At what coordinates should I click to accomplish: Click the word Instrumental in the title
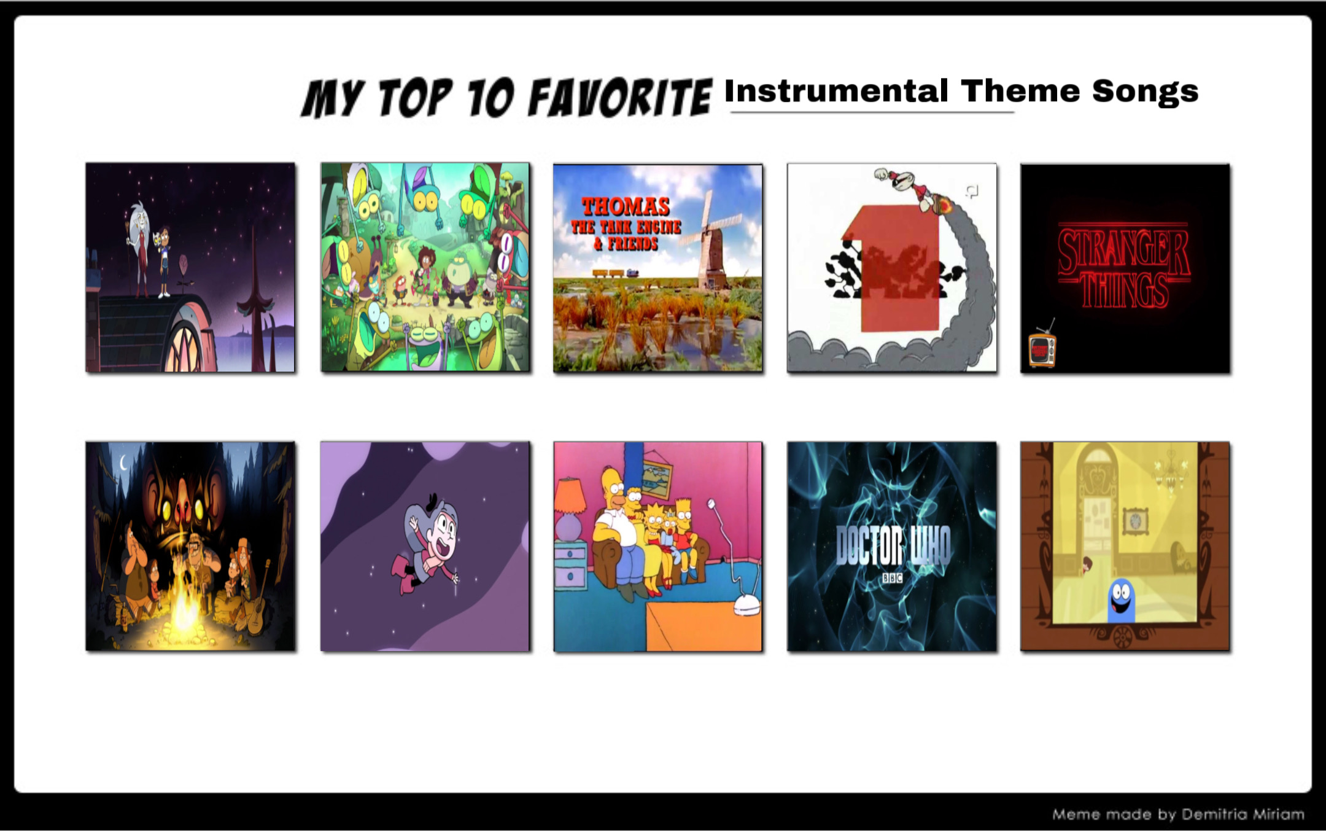click(836, 92)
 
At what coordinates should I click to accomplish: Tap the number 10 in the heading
click(490, 98)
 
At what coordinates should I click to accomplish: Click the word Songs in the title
click(1145, 92)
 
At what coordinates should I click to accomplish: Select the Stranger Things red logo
click(1124, 268)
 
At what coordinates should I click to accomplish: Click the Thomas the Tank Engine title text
click(626, 224)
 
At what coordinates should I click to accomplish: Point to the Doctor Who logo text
click(893, 546)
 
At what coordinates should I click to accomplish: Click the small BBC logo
click(892, 578)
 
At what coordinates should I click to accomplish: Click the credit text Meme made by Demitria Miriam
click(1178, 814)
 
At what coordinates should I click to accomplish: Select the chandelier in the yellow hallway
click(1170, 473)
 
